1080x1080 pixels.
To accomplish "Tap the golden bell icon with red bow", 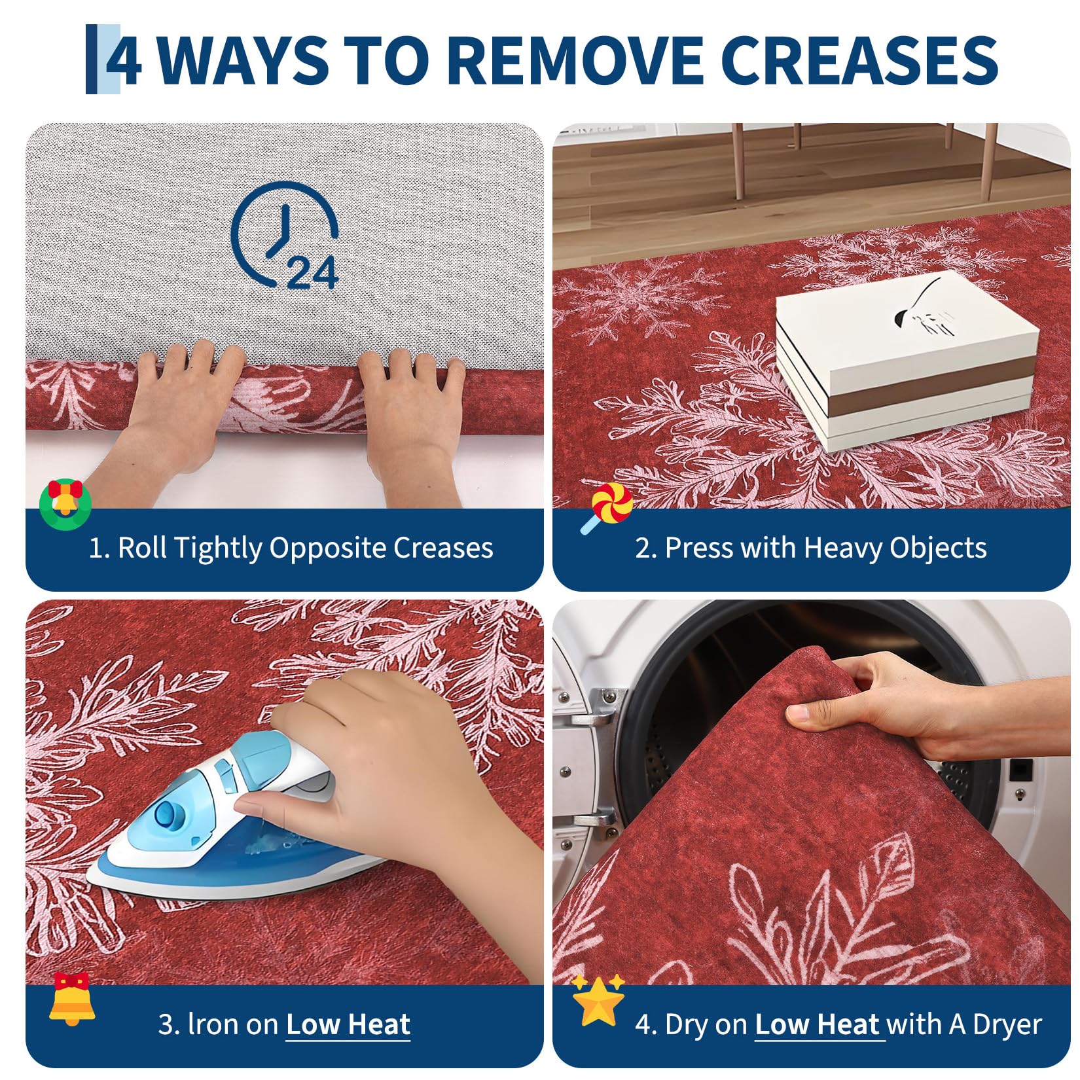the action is [72, 998].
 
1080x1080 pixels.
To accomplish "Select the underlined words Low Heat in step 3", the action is [348, 1024].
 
